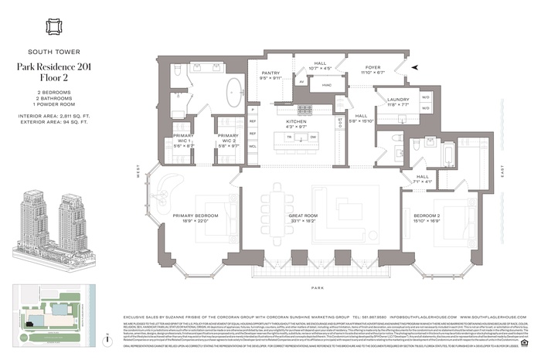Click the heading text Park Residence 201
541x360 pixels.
point(53,67)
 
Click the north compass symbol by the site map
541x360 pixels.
point(106,339)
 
